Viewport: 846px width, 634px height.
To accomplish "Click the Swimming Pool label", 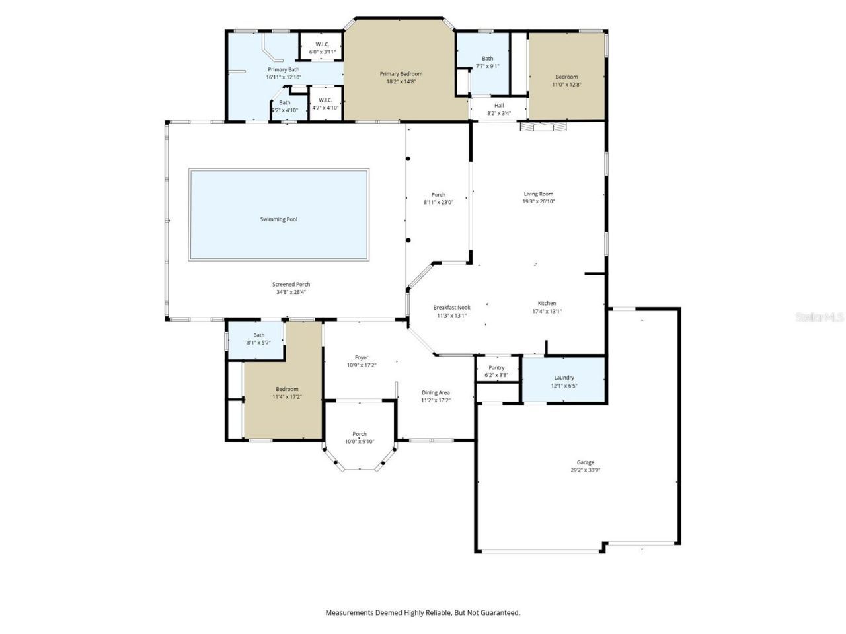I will point(278,219).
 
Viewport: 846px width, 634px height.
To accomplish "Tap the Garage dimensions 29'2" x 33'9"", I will point(585,470).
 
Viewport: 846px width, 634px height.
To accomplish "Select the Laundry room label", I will point(564,378).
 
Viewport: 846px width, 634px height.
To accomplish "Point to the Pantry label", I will point(496,368).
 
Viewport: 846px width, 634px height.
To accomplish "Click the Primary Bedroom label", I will point(401,74).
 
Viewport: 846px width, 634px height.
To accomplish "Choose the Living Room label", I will point(538,194).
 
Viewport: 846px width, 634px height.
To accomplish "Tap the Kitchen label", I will point(547,304).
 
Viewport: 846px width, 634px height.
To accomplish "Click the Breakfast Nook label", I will point(451,308).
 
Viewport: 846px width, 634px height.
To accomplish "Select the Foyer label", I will point(362,357).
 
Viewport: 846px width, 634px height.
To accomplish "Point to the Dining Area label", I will point(436,392).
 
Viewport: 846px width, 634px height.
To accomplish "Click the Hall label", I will point(499,106).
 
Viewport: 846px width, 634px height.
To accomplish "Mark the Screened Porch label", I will point(291,285).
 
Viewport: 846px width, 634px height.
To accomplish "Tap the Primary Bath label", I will point(283,69).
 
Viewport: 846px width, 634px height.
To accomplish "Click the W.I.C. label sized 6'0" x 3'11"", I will point(323,44).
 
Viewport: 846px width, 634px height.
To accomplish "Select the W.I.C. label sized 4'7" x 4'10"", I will point(325,100).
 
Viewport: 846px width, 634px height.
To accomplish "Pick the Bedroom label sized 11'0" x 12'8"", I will point(566,77).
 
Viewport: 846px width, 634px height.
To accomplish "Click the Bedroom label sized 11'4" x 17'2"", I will point(287,389).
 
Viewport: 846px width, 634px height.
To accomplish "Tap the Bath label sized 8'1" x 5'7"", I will point(258,335).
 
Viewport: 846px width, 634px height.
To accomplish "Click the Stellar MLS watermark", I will point(820,318).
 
